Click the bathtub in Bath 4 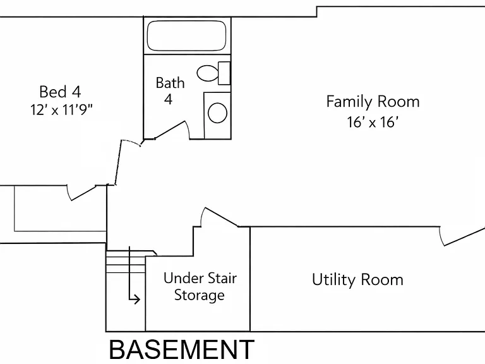pyautogui.click(x=186, y=35)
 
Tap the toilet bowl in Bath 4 pyautogui.click(x=208, y=73)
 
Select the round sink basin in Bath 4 pyautogui.click(x=217, y=112)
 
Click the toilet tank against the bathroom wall pyautogui.click(x=224, y=73)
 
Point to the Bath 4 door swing pyautogui.click(x=172, y=130)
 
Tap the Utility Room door pyautogui.click(x=462, y=236)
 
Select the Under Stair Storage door pyautogui.click(x=220, y=217)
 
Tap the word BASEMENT pyautogui.click(x=182, y=349)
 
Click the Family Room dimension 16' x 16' pyautogui.click(x=372, y=122)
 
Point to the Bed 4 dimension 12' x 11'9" pyautogui.click(x=61, y=109)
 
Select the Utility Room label pyautogui.click(x=357, y=279)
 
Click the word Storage pyautogui.click(x=200, y=295)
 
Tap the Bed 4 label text pyautogui.click(x=61, y=92)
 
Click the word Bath pyautogui.click(x=170, y=83)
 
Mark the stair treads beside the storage pyautogui.click(x=126, y=262)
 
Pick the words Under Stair pyautogui.click(x=200, y=278)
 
